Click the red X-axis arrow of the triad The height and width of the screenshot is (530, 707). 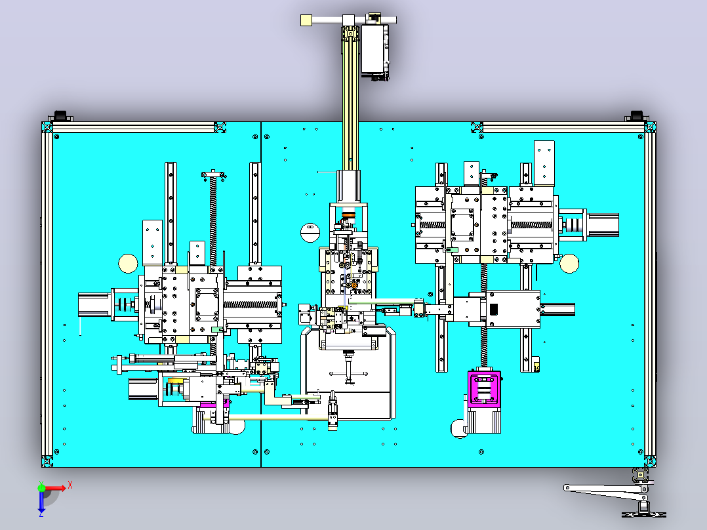pos(54,488)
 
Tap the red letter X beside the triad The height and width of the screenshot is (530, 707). pos(70,485)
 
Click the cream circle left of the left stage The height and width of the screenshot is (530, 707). pos(128,264)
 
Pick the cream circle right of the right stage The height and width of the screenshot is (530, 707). pos(569,264)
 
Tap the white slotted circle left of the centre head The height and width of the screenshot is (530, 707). pos(310,232)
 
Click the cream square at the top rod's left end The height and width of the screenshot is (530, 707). pos(307,20)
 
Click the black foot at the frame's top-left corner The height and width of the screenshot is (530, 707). pos(60,115)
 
